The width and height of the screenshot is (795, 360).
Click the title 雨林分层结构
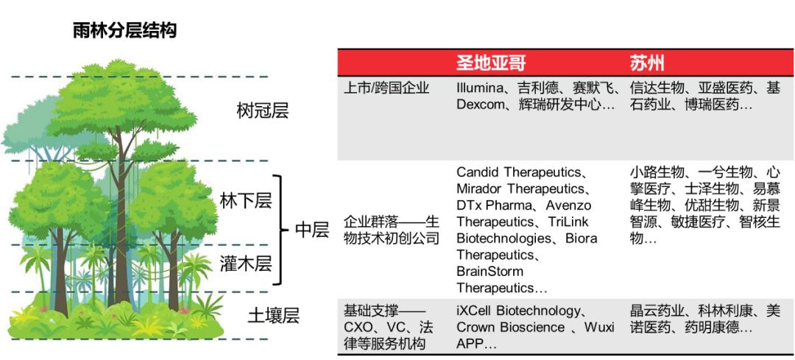coord(124,30)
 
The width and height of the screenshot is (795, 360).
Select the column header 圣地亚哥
coord(491,61)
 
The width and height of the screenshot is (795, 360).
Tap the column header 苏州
coord(647,61)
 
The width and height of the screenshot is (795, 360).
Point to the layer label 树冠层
coord(262,111)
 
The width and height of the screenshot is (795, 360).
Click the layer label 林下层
coord(246,200)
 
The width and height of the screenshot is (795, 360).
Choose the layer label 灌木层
coord(246,264)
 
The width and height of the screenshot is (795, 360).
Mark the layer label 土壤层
coord(273,316)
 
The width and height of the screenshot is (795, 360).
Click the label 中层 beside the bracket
coord(311,230)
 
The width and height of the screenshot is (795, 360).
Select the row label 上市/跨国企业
coord(386,88)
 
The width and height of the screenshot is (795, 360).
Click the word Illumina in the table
coord(481,88)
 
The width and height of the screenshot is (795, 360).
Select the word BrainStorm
coord(490,271)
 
